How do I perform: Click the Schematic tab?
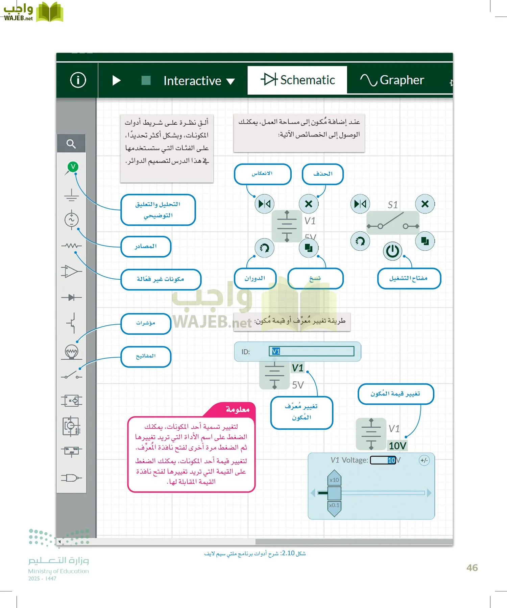point(297,80)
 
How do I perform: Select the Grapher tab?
point(392,80)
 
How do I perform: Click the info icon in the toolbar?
point(78,80)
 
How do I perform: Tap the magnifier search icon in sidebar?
point(71,144)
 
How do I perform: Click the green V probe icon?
point(73,167)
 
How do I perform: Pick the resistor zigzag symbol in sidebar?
point(71,246)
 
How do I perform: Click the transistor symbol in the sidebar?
point(71,323)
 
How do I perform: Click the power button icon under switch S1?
point(392,251)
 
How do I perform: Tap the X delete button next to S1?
point(425,204)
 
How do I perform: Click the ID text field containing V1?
point(311,351)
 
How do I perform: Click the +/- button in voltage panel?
point(424,460)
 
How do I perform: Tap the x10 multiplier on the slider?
point(334,480)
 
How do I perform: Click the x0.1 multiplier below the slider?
point(334,505)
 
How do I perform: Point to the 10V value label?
point(397,446)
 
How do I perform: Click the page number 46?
point(472,568)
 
